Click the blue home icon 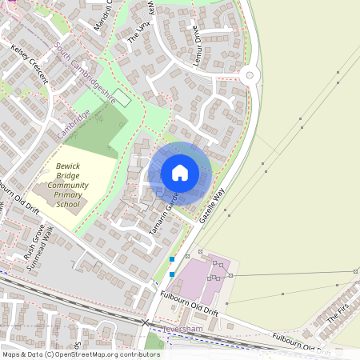180,172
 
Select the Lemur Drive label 195,44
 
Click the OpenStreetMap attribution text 81,354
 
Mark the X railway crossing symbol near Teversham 146,323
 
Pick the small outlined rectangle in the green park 122,99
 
